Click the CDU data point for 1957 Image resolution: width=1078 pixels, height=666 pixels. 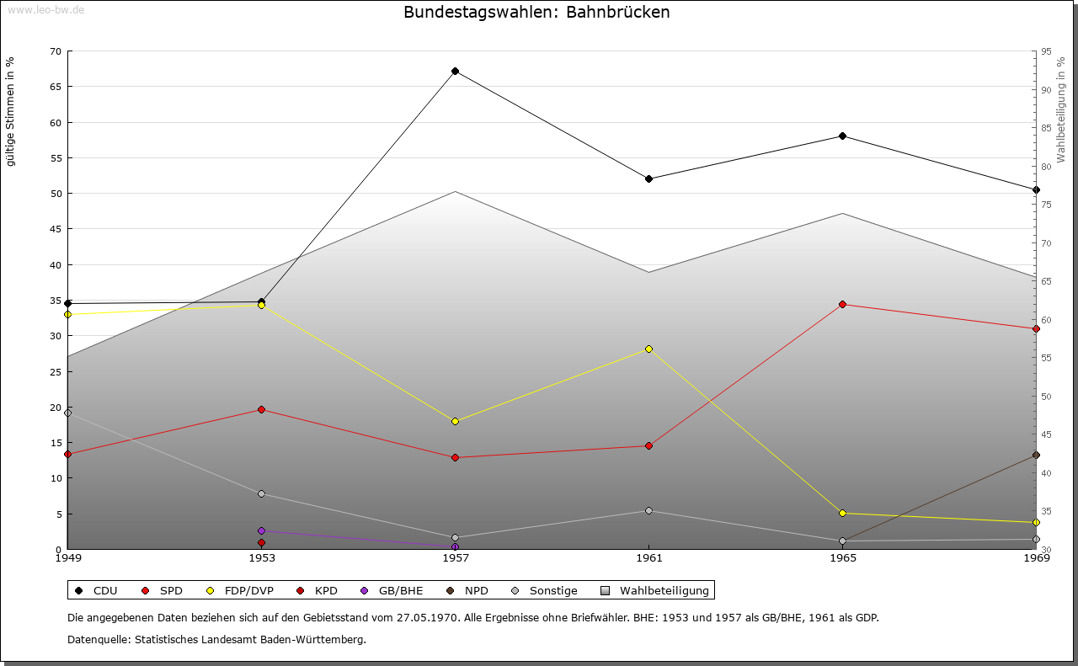455,71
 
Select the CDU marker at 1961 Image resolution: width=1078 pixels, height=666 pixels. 648,178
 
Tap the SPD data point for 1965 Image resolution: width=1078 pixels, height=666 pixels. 842,304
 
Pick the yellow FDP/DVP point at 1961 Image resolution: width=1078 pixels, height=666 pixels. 648,349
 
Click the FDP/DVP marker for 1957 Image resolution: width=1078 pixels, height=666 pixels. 455,421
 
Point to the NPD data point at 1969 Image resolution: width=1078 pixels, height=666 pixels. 1036,455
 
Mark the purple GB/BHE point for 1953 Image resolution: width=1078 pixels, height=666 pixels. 261,530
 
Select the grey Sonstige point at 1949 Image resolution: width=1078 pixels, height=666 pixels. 67,413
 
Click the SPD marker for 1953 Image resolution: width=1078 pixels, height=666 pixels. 261,409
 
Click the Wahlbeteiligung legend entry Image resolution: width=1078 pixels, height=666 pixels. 656,590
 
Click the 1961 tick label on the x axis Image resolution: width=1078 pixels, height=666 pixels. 648,557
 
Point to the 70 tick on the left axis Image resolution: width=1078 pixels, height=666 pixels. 55,51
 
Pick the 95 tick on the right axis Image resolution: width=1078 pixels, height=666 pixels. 1046,51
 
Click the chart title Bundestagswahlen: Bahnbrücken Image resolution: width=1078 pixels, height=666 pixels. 536,12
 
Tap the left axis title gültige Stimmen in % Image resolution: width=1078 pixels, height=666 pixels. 11,111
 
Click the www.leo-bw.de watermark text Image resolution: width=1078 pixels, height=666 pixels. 45,9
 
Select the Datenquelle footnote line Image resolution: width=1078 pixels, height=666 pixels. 216,639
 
